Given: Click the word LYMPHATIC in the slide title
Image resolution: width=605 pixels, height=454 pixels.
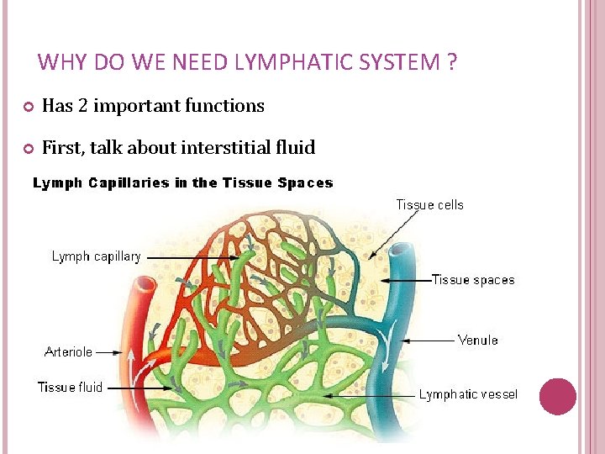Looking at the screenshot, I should pyautogui.click(x=277, y=62).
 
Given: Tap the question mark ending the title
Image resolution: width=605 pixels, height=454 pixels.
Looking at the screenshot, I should pyautogui.click(x=452, y=62).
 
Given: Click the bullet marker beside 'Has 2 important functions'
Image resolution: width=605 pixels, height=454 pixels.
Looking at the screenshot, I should pyautogui.click(x=27, y=107).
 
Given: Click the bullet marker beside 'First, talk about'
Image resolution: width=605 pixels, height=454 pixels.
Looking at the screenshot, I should pyautogui.click(x=27, y=149).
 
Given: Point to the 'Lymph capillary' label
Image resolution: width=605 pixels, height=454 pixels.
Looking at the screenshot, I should pyautogui.click(x=97, y=256).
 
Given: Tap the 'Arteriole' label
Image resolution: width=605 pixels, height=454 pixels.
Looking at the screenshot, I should pyautogui.click(x=69, y=351).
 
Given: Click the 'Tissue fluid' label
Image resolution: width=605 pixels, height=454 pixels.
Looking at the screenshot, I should pyautogui.click(x=70, y=387).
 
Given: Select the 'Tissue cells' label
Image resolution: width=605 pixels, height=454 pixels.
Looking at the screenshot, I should pyautogui.click(x=429, y=204).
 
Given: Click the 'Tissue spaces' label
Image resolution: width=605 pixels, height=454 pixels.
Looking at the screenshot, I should pyautogui.click(x=473, y=280).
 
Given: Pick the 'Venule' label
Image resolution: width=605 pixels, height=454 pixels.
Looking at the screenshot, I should pyautogui.click(x=477, y=340).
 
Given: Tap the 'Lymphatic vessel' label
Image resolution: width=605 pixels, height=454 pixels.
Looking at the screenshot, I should pyautogui.click(x=468, y=393).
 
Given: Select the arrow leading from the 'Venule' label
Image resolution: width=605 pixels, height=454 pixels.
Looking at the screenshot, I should pyautogui.click(x=429, y=340).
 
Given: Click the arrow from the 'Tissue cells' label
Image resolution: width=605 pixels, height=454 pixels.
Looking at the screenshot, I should pyautogui.click(x=395, y=233).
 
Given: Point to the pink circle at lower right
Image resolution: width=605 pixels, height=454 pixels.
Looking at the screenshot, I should pyautogui.click(x=557, y=396).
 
